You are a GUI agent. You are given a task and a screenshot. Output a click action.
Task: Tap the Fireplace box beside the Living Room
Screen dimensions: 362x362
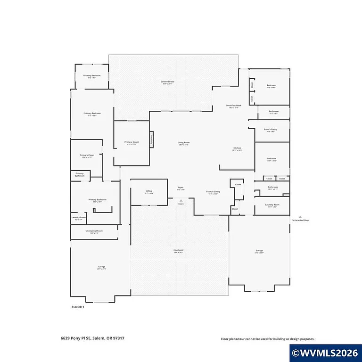152,139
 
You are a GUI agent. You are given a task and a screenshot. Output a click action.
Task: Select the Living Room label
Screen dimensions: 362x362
184,143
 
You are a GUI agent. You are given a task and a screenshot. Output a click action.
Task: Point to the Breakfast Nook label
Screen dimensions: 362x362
233,106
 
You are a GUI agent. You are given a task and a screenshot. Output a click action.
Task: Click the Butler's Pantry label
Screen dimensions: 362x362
270,130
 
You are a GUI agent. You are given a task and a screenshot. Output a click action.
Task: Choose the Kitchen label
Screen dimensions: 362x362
237,149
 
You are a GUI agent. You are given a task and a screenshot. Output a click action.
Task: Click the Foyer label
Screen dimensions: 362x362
181,188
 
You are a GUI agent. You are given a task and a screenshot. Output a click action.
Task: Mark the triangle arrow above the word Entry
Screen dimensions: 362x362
181,200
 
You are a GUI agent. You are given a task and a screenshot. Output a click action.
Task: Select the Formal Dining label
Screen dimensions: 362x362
213,192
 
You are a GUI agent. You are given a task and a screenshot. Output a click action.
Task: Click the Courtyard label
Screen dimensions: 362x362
178,251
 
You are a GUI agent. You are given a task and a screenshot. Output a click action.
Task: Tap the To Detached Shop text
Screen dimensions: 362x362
300,220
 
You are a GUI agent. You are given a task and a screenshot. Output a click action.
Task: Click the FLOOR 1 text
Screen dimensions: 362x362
78,307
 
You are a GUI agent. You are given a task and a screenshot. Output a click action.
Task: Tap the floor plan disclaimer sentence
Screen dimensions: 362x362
268,339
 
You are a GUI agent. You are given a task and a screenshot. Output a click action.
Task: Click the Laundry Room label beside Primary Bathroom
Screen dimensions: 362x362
79,218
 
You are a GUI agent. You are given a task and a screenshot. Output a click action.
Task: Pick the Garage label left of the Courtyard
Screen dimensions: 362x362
101,268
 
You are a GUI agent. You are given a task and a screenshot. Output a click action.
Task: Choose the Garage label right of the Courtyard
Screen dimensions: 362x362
259,251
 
